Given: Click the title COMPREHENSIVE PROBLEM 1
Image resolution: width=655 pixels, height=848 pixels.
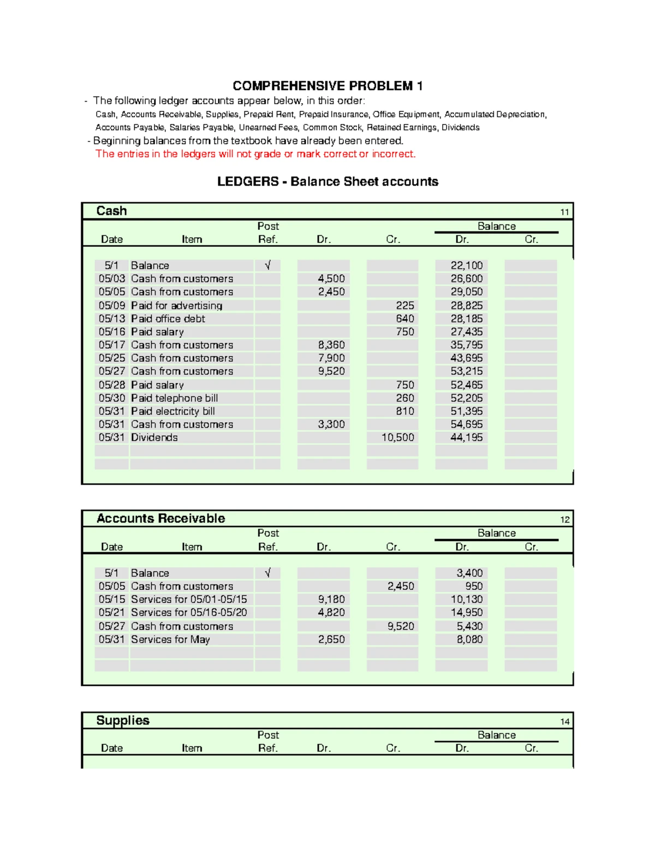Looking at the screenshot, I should [327, 86].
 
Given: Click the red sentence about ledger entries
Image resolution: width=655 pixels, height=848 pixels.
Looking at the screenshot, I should [255, 154].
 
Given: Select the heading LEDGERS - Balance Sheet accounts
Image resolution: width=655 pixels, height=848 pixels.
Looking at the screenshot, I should [327, 182].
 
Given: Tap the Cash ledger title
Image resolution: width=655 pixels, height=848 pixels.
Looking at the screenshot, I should [111, 211].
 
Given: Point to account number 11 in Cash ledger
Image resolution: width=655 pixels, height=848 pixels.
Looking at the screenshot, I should [564, 212].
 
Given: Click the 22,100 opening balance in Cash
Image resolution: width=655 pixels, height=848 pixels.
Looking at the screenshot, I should [466, 265].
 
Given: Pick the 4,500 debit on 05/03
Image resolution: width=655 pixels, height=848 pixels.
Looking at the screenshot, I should [331, 278].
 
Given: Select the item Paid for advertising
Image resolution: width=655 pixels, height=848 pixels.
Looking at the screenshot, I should [176, 305].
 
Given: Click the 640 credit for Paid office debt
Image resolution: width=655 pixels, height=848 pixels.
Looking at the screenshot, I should [404, 318].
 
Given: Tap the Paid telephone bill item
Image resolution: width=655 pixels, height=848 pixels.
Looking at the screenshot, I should [174, 398].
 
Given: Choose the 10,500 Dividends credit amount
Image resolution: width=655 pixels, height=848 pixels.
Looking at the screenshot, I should [397, 437].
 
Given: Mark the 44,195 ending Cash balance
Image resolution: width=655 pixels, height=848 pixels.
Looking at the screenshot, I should [466, 437].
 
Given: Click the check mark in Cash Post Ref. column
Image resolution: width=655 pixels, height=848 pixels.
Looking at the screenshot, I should [267, 265].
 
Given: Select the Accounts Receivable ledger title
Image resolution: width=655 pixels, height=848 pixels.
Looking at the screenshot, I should [160, 519].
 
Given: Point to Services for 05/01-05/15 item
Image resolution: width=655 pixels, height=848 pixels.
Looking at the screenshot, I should [189, 599].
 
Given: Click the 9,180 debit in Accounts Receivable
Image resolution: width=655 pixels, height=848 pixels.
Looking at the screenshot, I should [331, 599].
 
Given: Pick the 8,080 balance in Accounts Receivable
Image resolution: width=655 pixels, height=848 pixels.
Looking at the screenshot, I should [469, 639].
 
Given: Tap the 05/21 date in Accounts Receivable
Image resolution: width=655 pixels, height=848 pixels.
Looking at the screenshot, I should [112, 612].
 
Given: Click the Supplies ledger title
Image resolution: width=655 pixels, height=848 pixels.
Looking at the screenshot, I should [123, 721].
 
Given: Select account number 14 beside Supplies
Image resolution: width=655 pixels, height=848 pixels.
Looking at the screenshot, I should [564, 722].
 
